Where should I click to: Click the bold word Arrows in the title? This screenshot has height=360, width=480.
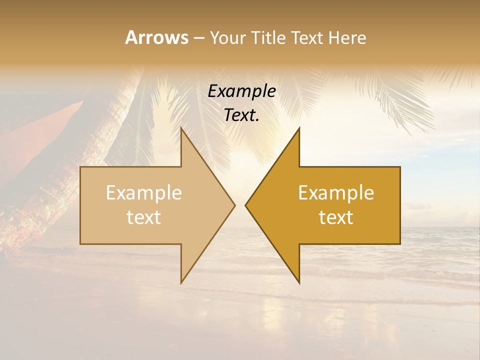pyautogui.click(x=156, y=37)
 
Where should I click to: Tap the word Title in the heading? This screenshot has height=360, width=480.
pyautogui.click(x=269, y=37)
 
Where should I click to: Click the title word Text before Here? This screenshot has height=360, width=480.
pyautogui.click(x=307, y=37)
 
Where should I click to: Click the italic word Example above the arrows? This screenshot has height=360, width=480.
pyautogui.click(x=241, y=91)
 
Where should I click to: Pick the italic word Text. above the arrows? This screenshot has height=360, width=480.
pyautogui.click(x=241, y=115)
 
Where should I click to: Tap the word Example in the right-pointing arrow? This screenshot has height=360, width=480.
pyautogui.click(x=144, y=193)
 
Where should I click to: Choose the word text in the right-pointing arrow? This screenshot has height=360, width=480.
pyautogui.click(x=144, y=217)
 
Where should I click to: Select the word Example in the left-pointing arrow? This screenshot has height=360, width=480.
pyautogui.click(x=336, y=193)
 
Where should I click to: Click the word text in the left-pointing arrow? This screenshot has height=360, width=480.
pyautogui.click(x=336, y=217)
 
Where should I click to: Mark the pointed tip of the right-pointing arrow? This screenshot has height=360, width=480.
pyautogui.click(x=234, y=205)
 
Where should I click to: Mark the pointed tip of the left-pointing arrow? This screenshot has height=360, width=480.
pyautogui.click(x=245, y=205)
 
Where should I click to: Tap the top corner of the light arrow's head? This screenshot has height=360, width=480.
pyautogui.click(x=181, y=129)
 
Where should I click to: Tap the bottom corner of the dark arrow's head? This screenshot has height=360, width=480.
pyautogui.click(x=299, y=282)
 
